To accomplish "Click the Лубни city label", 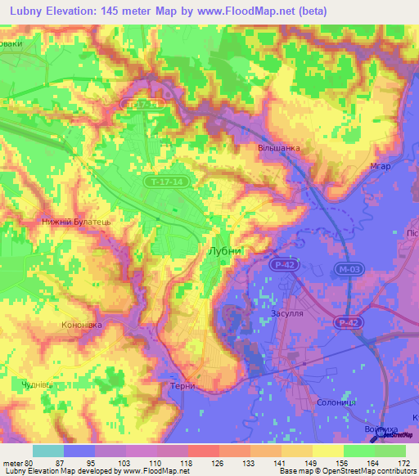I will coord(225,252).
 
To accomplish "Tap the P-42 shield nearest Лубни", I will coord(283,265).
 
